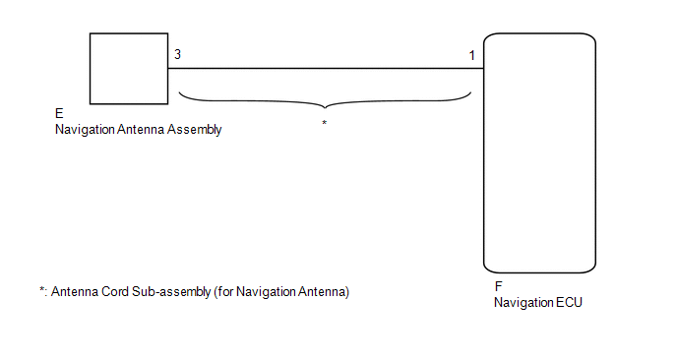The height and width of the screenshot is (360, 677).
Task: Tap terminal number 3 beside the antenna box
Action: click(x=177, y=54)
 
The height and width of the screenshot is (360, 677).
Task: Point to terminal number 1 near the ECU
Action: click(x=472, y=55)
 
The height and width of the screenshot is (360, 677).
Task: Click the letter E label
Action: click(x=59, y=113)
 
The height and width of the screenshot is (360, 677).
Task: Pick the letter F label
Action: click(x=498, y=286)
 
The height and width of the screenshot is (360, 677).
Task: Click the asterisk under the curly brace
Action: click(x=325, y=123)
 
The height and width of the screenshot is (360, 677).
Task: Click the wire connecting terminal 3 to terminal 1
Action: click(x=326, y=68)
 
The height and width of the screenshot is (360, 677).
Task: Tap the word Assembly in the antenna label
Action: click(x=194, y=130)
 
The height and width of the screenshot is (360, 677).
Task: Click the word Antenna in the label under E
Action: click(x=141, y=129)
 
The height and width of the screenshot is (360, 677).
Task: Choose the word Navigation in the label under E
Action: click(x=85, y=130)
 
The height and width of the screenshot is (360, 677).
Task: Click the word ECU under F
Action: click(x=569, y=302)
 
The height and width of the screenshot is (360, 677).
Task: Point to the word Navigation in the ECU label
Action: click(x=523, y=303)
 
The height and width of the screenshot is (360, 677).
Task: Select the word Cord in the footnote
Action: click(x=115, y=292)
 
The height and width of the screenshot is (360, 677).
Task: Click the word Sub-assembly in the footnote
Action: click(x=171, y=292)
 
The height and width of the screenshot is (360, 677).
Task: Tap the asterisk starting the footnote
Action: click(x=42, y=289)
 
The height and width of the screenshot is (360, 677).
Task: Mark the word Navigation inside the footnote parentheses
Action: click(x=266, y=292)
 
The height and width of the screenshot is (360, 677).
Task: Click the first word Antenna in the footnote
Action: click(x=75, y=292)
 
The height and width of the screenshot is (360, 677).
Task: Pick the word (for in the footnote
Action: click(x=223, y=292)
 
